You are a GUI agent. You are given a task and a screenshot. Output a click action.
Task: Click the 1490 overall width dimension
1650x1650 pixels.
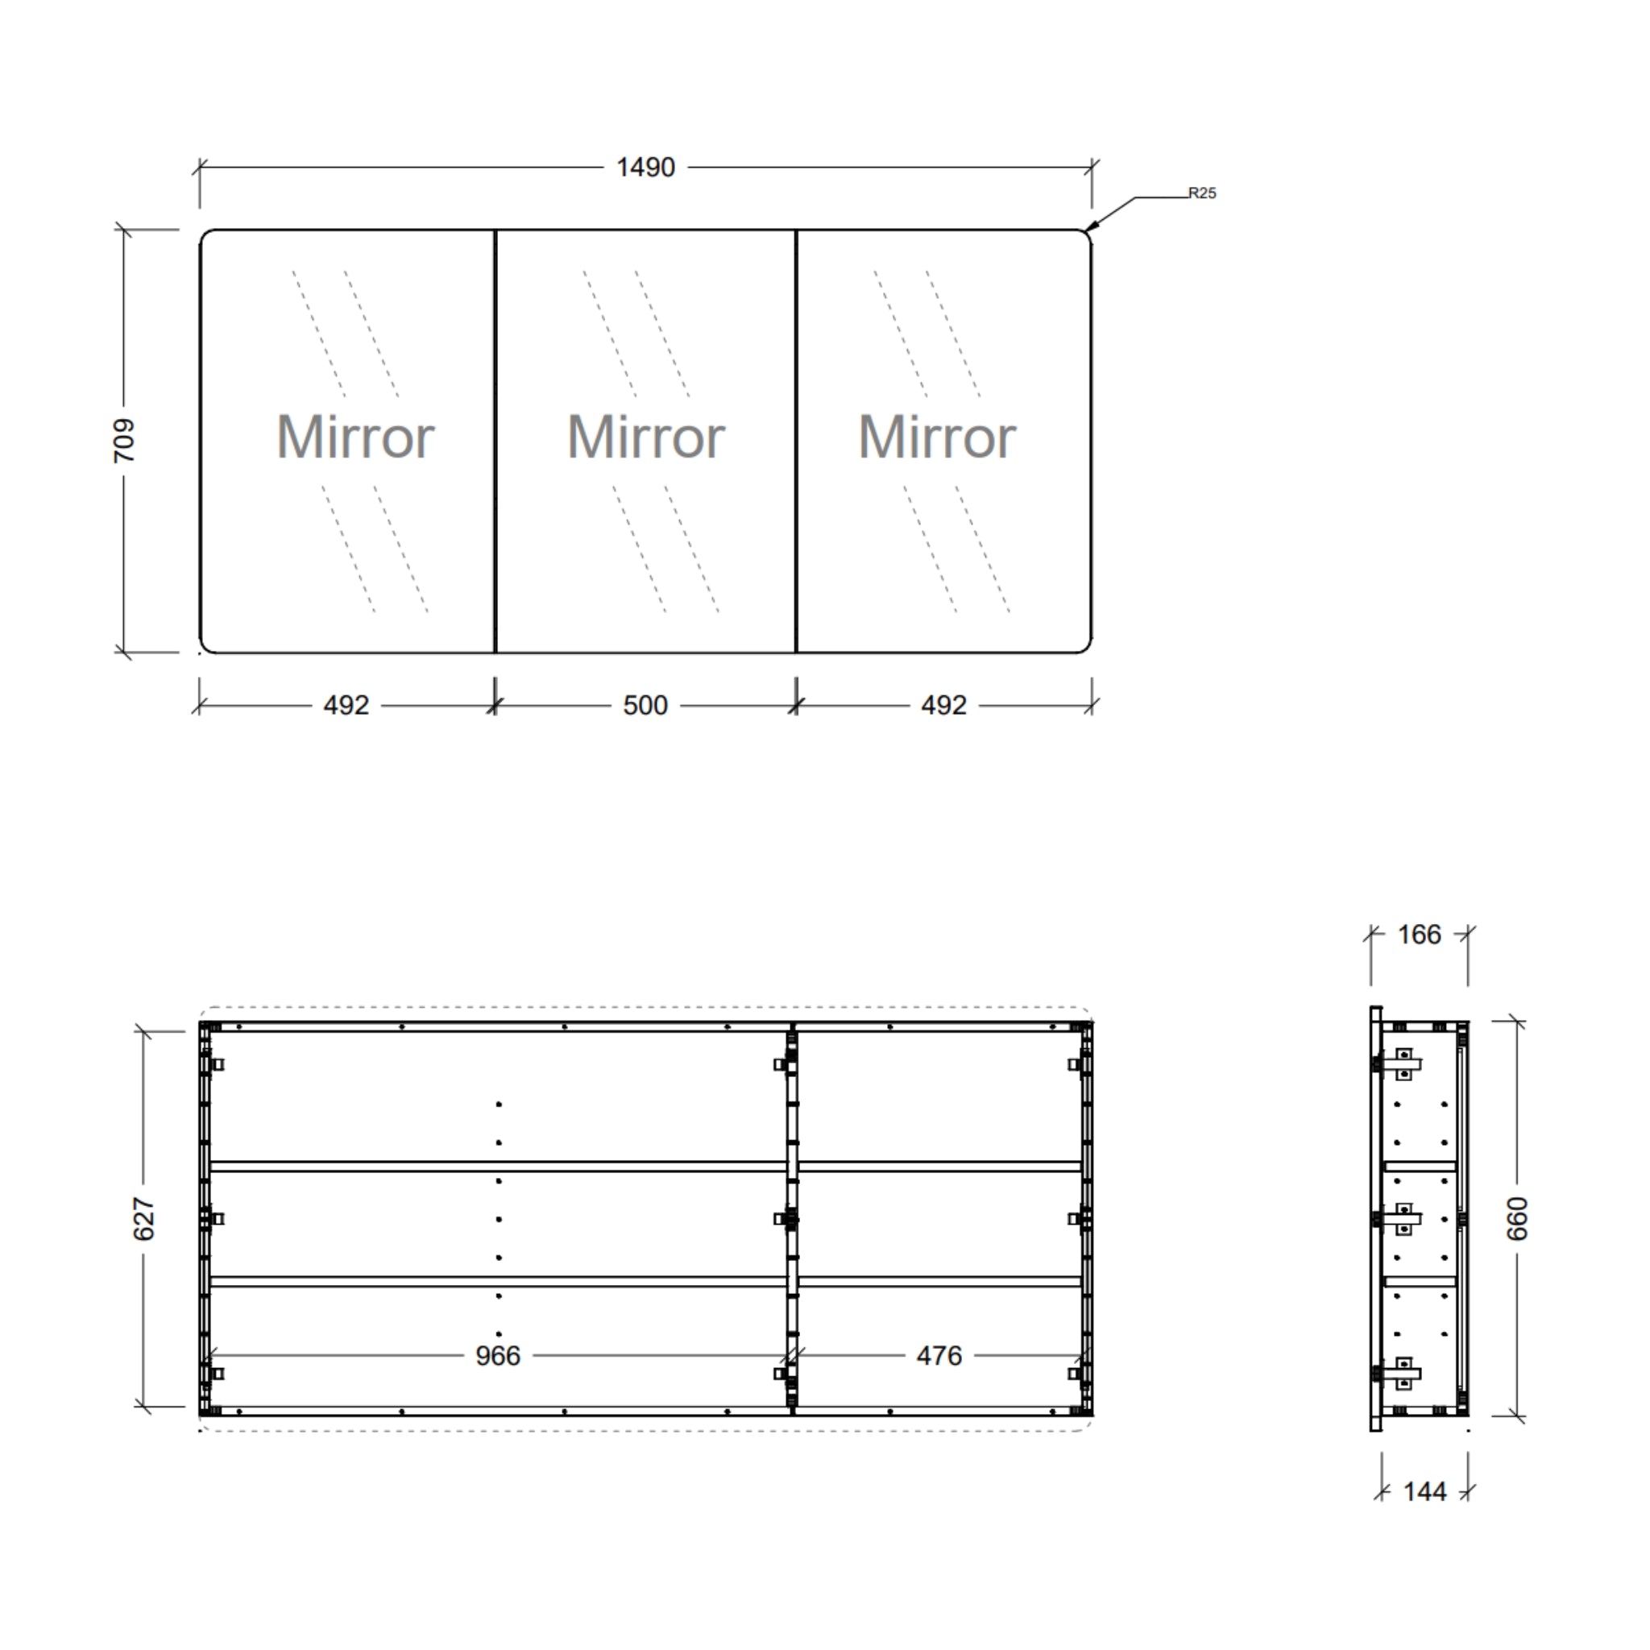[x=645, y=168]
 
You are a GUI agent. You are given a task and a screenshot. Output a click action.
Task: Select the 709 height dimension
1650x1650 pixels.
[x=125, y=441]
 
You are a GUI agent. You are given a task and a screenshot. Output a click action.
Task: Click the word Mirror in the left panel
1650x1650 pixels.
[x=355, y=437]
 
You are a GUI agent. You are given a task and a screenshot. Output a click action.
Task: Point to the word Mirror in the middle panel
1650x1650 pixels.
[x=646, y=437]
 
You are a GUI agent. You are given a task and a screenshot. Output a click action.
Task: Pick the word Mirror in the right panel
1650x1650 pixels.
[x=937, y=437]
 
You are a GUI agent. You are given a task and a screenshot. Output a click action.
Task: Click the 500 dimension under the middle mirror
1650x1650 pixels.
[x=645, y=706]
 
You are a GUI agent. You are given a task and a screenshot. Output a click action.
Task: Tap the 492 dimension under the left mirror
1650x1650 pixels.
[x=346, y=706]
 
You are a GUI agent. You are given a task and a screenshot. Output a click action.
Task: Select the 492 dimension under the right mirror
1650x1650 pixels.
[x=943, y=706]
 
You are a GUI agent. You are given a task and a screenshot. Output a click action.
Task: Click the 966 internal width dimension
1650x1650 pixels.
[x=498, y=1355]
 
